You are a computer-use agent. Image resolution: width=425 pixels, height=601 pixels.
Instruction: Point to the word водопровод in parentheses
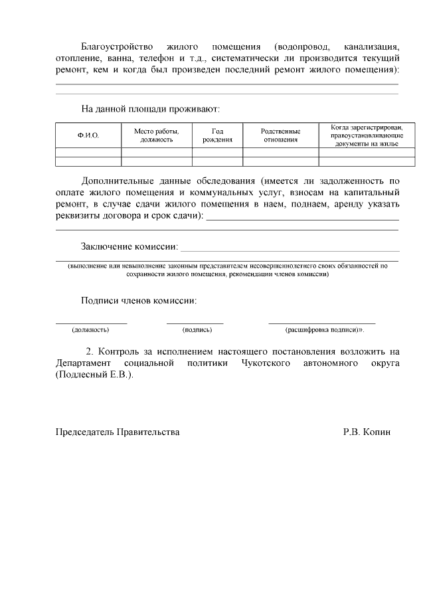pyautogui.click(x=296, y=47)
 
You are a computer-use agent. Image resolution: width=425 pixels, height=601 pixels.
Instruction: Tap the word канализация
pyautogui.click(x=372, y=47)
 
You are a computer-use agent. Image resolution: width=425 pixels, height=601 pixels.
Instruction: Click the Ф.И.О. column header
pyautogui.click(x=88, y=135)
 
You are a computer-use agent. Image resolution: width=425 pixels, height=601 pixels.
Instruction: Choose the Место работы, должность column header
pyautogui.click(x=157, y=135)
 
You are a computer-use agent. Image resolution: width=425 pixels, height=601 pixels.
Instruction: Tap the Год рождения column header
pyautogui.click(x=217, y=135)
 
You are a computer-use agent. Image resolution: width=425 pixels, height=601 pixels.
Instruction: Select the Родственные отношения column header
pyautogui.click(x=280, y=135)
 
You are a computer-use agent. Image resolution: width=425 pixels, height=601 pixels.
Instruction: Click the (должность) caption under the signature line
pyautogui.click(x=90, y=329)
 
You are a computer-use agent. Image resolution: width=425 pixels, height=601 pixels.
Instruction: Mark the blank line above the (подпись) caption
pyautogui.click(x=195, y=322)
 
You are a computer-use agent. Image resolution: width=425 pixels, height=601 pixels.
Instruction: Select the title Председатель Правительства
pyautogui.click(x=117, y=432)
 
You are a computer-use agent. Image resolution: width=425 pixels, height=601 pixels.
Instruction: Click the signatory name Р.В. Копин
pyautogui.click(x=367, y=432)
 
